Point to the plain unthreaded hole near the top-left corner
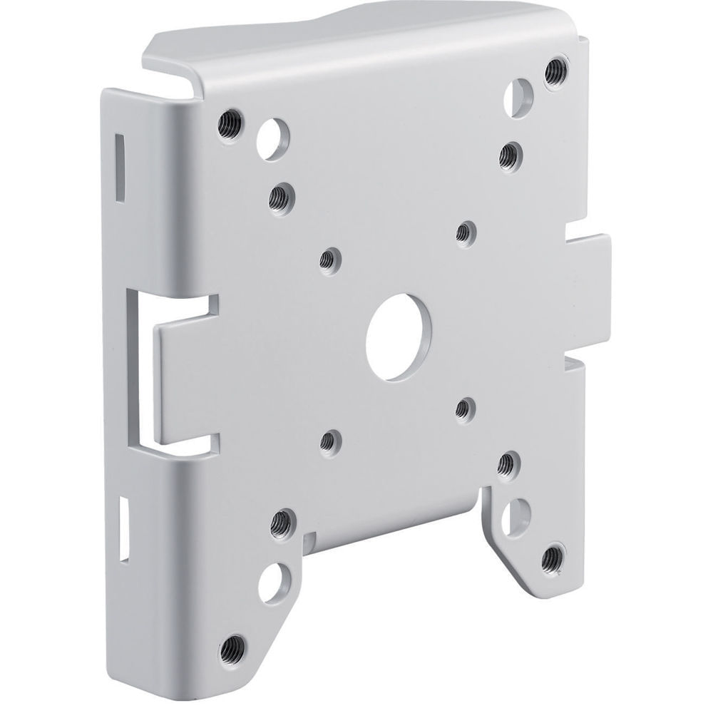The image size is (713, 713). coord(272,135)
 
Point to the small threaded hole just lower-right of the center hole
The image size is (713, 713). coord(464,407)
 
